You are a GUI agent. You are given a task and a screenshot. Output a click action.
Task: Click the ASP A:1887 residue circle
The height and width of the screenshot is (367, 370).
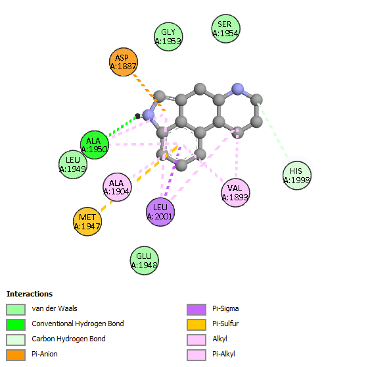(124, 62)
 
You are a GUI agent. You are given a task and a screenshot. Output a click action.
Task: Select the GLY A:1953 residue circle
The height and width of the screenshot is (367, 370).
(168, 37)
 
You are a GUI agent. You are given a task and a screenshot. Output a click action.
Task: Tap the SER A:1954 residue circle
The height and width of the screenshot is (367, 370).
(226, 28)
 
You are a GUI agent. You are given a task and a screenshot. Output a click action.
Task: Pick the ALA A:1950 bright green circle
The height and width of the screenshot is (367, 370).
(95, 145)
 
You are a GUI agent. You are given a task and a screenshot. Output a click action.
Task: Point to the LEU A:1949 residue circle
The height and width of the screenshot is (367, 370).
(73, 165)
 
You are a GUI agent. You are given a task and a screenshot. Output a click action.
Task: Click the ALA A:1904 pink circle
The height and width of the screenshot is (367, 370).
(117, 187)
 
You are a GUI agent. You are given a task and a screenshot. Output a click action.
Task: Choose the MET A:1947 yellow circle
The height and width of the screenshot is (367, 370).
(87, 221)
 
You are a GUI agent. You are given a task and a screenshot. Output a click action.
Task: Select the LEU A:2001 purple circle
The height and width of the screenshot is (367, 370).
(160, 212)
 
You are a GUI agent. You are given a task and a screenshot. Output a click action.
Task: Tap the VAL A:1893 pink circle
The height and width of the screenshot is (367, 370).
(235, 192)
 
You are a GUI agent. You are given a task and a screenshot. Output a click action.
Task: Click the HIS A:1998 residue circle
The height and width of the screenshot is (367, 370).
(297, 175)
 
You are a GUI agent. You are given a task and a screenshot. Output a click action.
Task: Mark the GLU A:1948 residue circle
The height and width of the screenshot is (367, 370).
(145, 260)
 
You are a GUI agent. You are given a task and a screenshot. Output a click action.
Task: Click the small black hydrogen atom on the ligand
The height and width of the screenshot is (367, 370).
(137, 116)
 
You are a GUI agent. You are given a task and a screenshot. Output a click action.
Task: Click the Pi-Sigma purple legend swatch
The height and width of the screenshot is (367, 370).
(197, 310)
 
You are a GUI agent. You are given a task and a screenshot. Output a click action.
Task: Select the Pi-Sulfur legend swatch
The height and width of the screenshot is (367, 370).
(197, 325)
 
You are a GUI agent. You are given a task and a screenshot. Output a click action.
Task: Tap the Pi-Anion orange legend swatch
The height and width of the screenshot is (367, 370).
(16, 355)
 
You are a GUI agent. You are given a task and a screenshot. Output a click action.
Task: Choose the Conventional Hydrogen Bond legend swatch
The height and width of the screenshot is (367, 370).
(16, 325)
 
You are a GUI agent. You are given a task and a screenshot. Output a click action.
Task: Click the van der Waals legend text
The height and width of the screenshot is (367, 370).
(55, 308)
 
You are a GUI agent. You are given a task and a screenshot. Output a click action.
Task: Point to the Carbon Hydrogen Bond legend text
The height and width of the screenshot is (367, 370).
(68, 339)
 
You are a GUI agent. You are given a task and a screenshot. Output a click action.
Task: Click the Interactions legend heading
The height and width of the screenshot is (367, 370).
(30, 294)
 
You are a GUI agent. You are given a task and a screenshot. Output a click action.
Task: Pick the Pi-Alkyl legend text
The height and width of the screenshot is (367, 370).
(223, 354)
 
